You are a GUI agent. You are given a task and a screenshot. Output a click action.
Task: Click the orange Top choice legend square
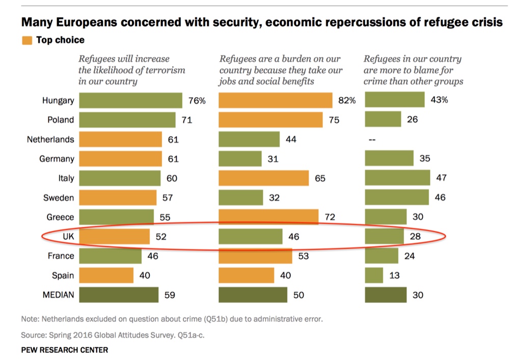tap(26, 40)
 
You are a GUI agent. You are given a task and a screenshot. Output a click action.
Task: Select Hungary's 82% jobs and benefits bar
tap(275, 100)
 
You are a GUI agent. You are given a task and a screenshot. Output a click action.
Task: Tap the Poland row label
tap(61, 120)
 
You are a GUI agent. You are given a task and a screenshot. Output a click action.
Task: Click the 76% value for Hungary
tap(197, 101)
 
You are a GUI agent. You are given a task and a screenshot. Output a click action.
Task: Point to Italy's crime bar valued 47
tap(397, 178)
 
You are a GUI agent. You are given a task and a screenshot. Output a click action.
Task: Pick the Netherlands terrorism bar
tap(120, 139)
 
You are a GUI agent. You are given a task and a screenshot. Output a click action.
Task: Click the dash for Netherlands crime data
tap(372, 140)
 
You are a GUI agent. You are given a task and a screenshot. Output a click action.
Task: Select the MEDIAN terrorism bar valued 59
tap(119, 295)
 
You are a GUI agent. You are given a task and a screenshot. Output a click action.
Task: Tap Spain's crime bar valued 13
tap(374, 275)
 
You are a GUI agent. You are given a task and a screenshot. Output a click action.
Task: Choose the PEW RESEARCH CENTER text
tap(64, 350)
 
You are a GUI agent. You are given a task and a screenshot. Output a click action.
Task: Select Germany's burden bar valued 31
tap(240, 159)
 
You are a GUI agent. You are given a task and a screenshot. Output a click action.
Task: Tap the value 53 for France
tap(304, 256)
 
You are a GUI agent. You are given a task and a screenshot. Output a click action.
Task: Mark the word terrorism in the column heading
tap(165, 70)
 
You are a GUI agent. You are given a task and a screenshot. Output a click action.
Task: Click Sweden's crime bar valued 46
tap(397, 198)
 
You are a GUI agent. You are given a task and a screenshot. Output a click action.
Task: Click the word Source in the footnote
tap(33, 336)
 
